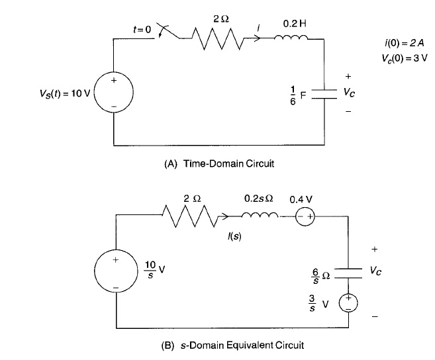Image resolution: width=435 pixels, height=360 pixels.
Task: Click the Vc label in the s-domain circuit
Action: point(375,272)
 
